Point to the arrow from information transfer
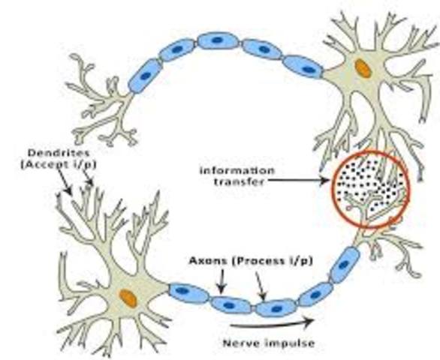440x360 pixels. click(300, 179)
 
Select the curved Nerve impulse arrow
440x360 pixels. click(271, 325)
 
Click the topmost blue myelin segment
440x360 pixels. click(218, 40)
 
